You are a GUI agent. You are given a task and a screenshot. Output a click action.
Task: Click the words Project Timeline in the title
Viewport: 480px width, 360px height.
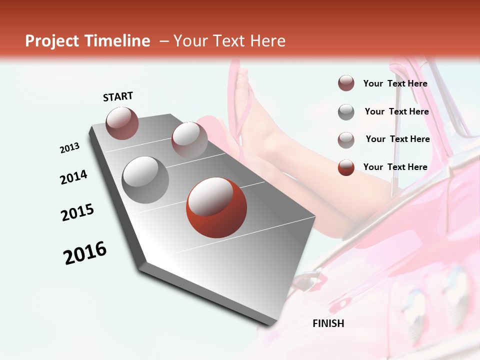pyautogui.click(x=87, y=41)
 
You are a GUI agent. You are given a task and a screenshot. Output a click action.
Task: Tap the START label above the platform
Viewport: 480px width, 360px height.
pyautogui.click(x=118, y=96)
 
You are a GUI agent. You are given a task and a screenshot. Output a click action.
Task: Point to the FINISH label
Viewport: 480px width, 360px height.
pyautogui.click(x=328, y=323)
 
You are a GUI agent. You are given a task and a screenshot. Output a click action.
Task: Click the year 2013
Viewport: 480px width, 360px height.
pyautogui.click(x=70, y=148)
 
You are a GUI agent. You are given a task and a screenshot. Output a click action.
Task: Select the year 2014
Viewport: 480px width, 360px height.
pyautogui.click(x=73, y=177)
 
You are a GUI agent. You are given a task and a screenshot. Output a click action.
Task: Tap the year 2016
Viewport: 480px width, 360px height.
pyautogui.click(x=85, y=253)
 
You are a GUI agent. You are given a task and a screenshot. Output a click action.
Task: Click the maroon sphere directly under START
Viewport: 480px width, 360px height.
pyautogui.click(x=122, y=123)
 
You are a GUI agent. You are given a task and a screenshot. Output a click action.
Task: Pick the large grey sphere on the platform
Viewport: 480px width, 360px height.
pyautogui.click(x=145, y=179)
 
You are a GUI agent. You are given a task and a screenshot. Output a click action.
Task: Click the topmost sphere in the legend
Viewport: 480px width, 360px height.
pyautogui.click(x=346, y=83)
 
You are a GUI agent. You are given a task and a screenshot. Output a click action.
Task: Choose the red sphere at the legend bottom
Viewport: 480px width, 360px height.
pyautogui.click(x=346, y=167)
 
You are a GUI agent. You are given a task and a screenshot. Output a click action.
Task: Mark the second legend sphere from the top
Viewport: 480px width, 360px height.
pyautogui.click(x=346, y=112)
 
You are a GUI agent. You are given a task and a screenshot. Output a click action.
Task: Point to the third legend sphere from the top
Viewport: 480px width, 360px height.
pyautogui.click(x=346, y=140)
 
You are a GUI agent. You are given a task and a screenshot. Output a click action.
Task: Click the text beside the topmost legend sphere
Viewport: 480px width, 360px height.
pyautogui.click(x=395, y=83)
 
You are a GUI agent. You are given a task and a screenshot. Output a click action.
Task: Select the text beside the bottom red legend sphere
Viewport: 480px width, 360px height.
pyautogui.click(x=395, y=167)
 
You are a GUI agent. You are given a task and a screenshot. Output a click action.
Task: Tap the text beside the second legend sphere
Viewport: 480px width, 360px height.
pyautogui.click(x=396, y=111)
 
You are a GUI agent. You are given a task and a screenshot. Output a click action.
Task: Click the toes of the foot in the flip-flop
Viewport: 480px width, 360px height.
pyautogui.click(x=242, y=78)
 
